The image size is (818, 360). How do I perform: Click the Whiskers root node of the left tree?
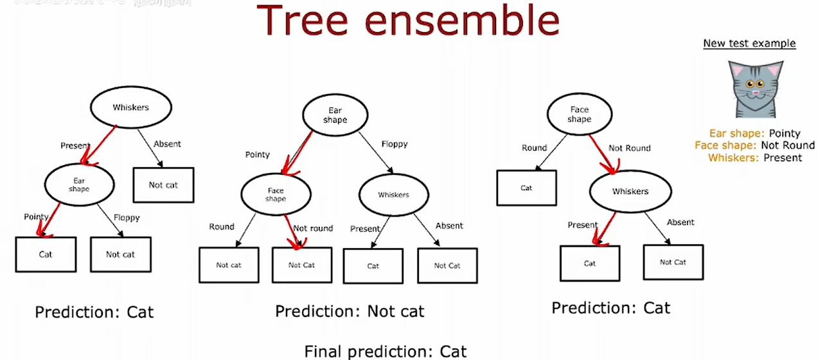130,107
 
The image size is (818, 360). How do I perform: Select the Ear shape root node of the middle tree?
335,116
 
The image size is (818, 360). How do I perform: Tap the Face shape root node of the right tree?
579,114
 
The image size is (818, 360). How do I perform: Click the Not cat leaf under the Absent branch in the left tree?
163,185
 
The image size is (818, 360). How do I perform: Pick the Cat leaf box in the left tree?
46,255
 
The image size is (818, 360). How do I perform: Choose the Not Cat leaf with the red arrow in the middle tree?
301,265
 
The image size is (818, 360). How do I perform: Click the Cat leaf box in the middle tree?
373,265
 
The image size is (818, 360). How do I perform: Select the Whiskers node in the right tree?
630,192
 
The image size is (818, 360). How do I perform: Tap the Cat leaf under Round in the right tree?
526,188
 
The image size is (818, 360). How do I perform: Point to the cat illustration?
755,89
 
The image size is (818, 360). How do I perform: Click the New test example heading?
749,44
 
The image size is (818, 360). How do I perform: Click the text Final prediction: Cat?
385,352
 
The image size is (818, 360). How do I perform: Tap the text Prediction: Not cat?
350,312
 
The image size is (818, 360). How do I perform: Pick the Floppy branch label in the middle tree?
394,144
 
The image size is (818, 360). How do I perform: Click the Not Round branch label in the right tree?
629,148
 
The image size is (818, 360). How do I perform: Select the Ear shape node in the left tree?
79,185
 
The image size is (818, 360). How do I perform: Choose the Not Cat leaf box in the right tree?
673,262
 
